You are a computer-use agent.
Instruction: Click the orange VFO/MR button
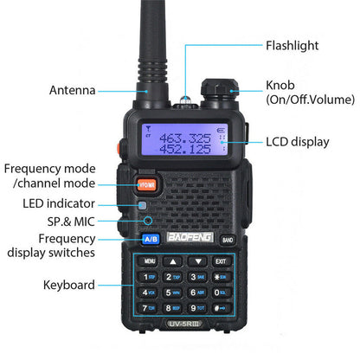tap(146, 183)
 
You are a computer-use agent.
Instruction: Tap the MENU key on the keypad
tap(150, 260)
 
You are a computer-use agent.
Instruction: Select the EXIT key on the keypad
tap(221, 260)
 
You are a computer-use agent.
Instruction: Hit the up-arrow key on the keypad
tap(174, 260)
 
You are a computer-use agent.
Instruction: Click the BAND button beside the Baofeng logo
tap(227, 240)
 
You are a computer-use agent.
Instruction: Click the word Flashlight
tap(292, 45)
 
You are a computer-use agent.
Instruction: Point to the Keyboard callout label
tap(70, 284)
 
